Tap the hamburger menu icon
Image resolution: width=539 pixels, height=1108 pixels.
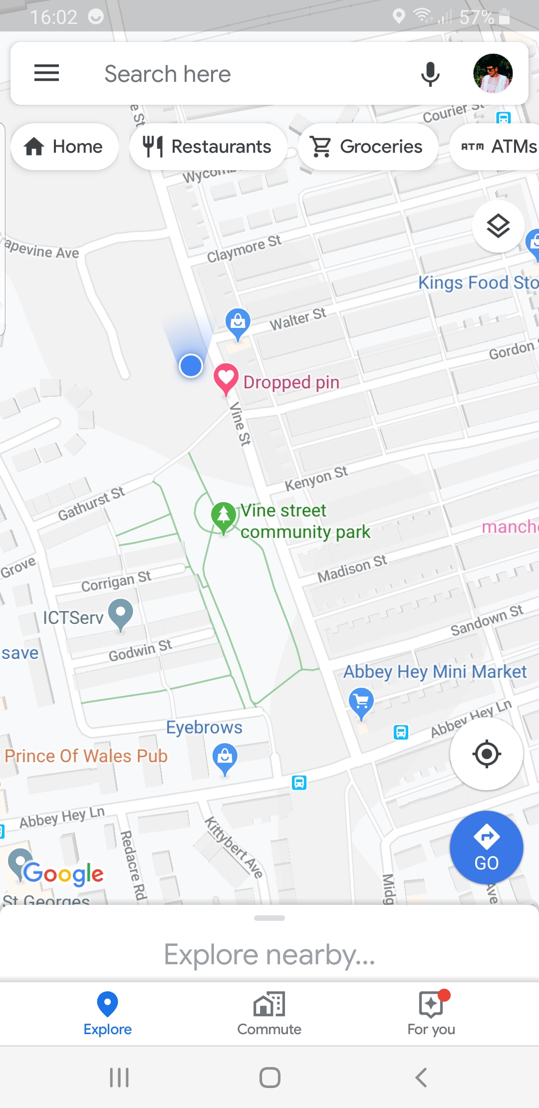click(x=46, y=73)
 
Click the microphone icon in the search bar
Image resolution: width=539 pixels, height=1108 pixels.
click(x=430, y=74)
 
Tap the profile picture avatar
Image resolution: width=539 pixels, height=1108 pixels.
click(x=493, y=73)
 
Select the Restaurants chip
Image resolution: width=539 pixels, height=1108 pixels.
click(x=208, y=147)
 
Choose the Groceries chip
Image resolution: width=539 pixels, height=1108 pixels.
click(x=368, y=147)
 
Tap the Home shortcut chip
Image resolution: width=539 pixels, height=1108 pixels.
click(x=64, y=147)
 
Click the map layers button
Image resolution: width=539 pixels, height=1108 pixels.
click(x=498, y=226)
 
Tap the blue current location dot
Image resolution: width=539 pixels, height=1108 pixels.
click(x=191, y=366)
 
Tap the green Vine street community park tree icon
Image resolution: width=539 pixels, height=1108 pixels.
click(x=224, y=515)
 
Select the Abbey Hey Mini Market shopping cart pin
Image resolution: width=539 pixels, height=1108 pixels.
click(x=361, y=701)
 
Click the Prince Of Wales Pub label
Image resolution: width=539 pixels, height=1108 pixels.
click(x=86, y=756)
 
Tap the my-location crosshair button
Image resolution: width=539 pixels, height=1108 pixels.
click(x=486, y=754)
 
